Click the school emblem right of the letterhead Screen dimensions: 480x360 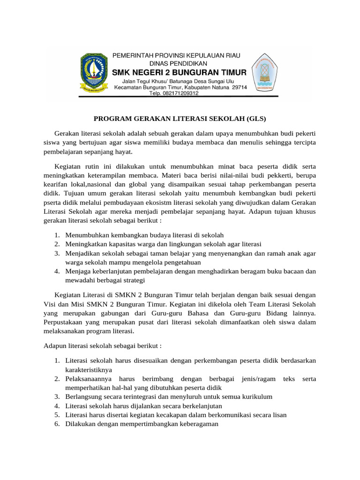266,73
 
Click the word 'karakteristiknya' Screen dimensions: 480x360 89,369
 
